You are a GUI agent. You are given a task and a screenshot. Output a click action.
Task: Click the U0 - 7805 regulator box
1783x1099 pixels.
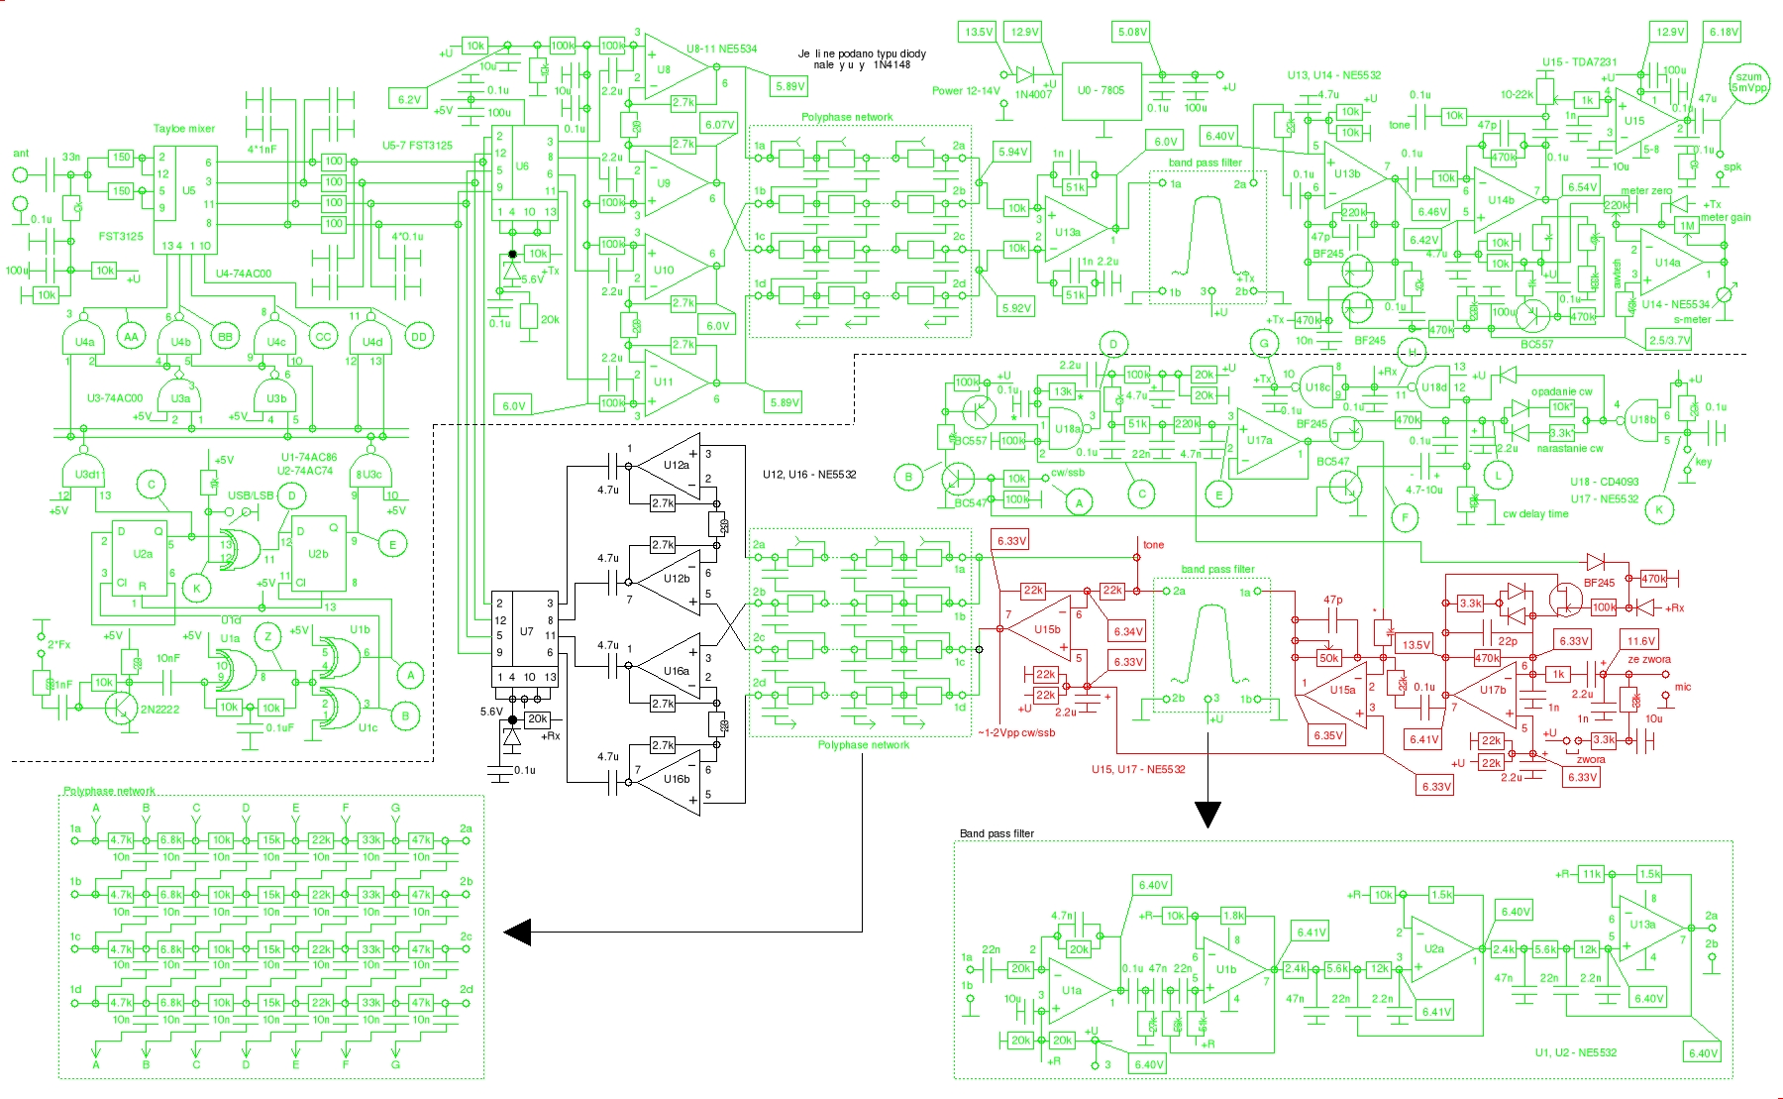[1101, 91]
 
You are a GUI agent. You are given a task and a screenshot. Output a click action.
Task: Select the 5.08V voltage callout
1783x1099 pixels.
[1132, 32]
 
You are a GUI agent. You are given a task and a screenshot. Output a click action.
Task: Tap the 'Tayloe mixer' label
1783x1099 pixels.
[183, 129]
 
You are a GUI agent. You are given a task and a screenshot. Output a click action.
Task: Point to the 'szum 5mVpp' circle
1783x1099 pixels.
[1748, 82]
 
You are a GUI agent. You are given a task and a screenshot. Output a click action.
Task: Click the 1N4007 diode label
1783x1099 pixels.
[1033, 95]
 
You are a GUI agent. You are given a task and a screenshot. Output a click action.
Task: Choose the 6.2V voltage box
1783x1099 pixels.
[409, 100]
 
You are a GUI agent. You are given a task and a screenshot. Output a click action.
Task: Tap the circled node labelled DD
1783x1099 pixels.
[419, 337]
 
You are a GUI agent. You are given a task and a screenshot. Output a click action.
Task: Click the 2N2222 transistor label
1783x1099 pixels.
[159, 710]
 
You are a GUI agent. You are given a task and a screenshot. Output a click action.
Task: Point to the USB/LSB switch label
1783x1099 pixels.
[251, 495]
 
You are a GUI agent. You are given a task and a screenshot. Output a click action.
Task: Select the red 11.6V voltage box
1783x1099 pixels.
[1640, 641]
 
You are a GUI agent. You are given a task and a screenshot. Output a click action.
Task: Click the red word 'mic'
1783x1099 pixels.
[1683, 687]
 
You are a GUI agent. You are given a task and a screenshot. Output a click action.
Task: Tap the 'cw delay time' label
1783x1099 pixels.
[1535, 514]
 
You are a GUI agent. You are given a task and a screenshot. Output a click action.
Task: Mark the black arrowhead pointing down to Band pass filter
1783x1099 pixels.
[1206, 814]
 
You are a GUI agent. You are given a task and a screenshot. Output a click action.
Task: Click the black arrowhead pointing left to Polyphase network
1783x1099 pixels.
[518, 933]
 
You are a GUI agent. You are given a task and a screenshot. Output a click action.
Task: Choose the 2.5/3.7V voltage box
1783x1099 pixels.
[1669, 340]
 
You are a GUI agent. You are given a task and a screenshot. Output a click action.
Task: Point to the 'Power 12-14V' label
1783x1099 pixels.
[966, 91]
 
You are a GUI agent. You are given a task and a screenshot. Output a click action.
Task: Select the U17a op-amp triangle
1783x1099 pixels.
[1264, 441]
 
